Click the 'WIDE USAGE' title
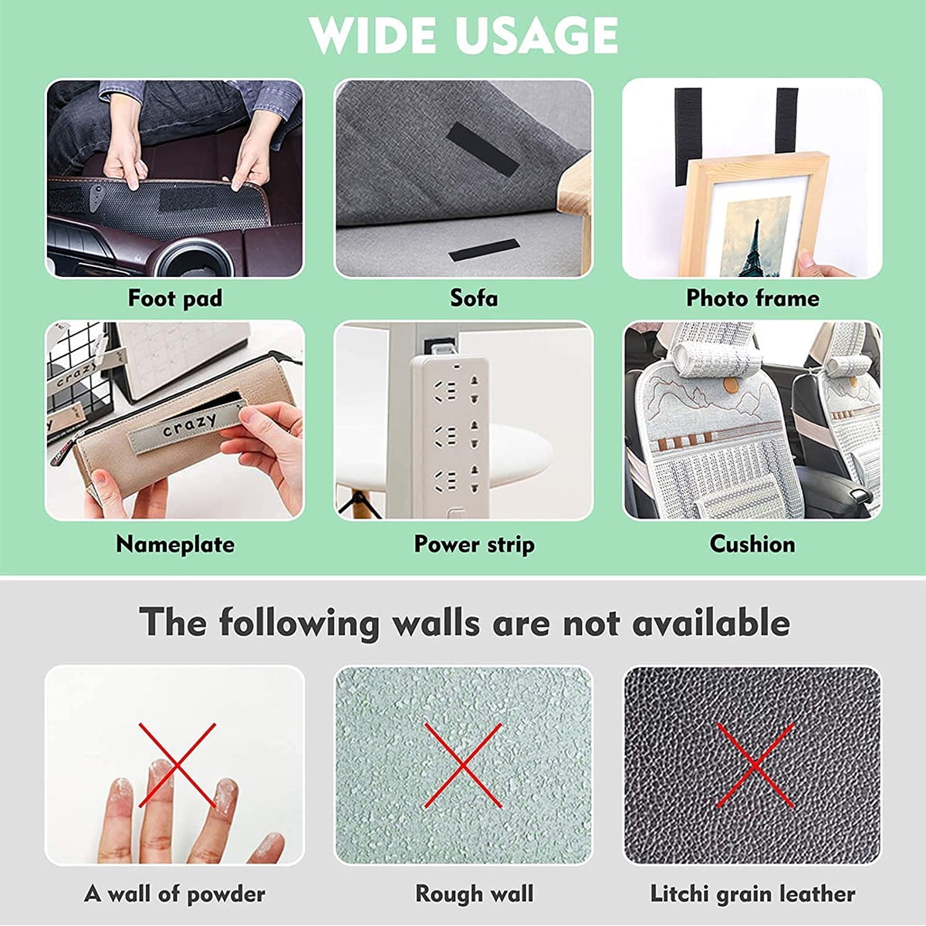[463, 35]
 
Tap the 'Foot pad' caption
[175, 299]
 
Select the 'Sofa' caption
[474, 299]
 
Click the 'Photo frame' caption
[752, 299]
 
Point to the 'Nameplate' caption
[175, 545]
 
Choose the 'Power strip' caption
[475, 545]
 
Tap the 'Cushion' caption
[752, 545]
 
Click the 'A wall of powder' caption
[174, 894]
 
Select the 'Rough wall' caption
[475, 894]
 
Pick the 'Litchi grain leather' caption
[752, 894]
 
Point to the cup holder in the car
[194, 259]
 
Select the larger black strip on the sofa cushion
[482, 150]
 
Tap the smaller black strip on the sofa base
[485, 250]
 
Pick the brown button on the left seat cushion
[731, 384]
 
